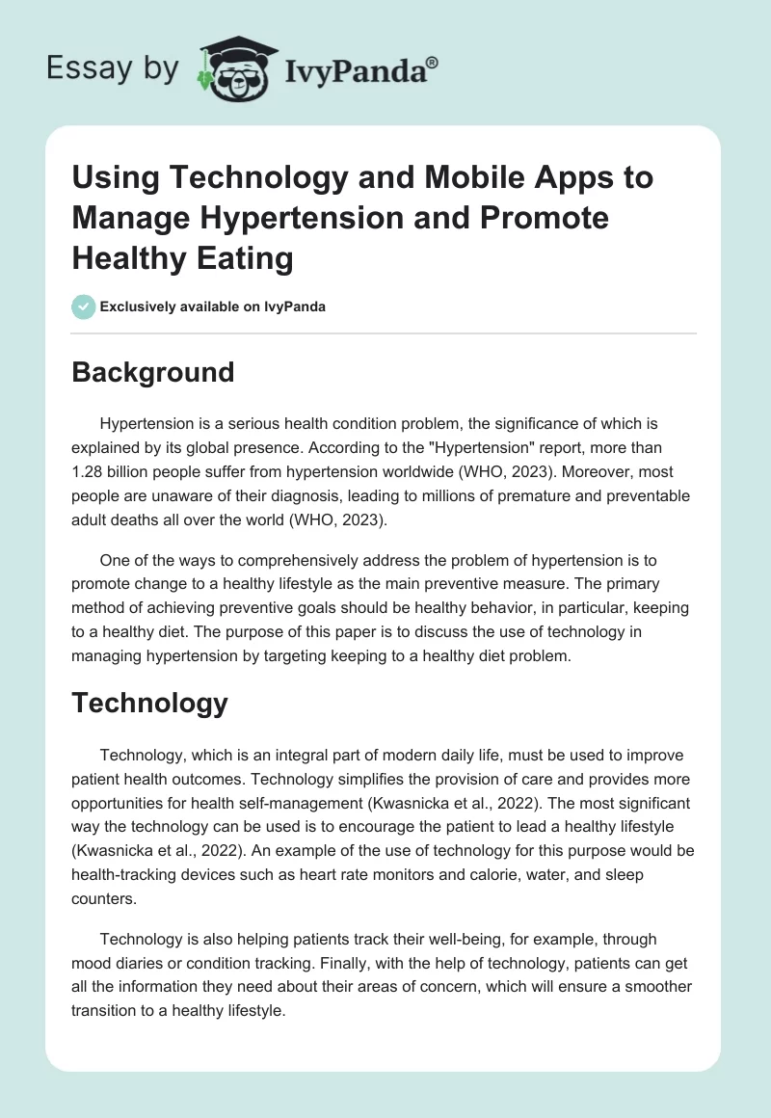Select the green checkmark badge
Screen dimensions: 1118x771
point(83,307)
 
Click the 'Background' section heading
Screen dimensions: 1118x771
point(153,372)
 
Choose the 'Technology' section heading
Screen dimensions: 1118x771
point(149,703)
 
